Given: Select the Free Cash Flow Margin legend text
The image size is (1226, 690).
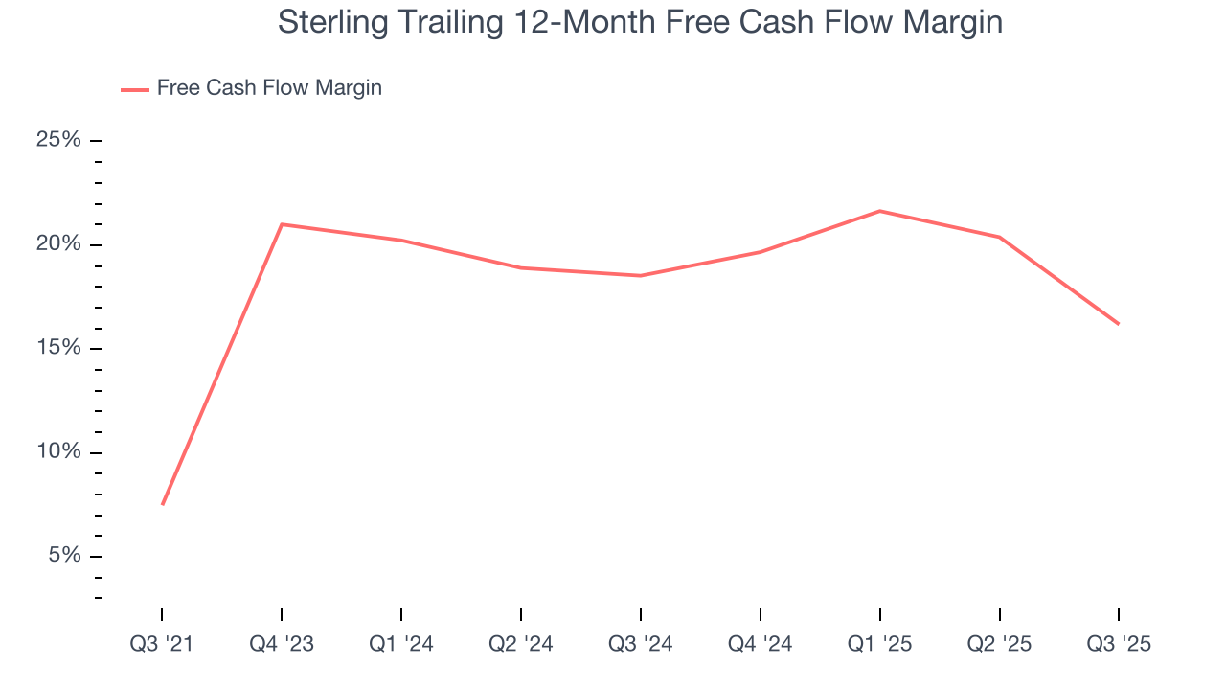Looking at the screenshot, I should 269,88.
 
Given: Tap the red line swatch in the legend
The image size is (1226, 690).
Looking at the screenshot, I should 134,89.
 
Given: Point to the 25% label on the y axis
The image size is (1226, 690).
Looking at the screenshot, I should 58,140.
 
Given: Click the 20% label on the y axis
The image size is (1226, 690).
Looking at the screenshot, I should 58,244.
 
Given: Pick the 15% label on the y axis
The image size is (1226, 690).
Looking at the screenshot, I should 58,348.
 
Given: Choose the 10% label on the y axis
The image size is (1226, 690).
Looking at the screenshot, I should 58,452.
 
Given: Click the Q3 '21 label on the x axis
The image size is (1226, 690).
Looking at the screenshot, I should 162,644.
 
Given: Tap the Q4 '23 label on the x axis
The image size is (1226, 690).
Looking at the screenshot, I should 282,644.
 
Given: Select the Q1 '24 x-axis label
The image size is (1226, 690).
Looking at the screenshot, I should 401,644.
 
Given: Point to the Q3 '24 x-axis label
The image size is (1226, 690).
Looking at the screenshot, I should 640,644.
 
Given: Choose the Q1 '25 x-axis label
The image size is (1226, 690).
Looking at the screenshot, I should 879,644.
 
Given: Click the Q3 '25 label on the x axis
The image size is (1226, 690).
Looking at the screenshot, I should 1119,644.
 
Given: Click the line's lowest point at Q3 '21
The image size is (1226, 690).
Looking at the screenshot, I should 163,504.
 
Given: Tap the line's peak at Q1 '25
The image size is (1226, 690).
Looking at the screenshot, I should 879,211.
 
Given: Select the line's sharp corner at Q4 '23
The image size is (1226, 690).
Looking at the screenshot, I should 282,224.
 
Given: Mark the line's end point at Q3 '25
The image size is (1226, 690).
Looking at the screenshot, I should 1119,324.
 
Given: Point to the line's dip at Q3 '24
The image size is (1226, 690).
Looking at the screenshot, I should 640,276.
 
